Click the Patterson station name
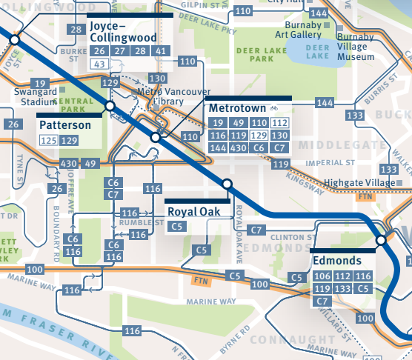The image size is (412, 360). coord(66,125)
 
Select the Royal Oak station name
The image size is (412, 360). coord(195,211)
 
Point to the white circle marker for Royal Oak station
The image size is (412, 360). coord(227,184)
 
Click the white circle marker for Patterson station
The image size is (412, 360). coord(110,107)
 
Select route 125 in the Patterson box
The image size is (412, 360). coord(49,140)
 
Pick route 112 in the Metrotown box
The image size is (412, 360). coord(279,123)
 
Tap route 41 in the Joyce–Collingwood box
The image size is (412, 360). coord(160,51)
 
